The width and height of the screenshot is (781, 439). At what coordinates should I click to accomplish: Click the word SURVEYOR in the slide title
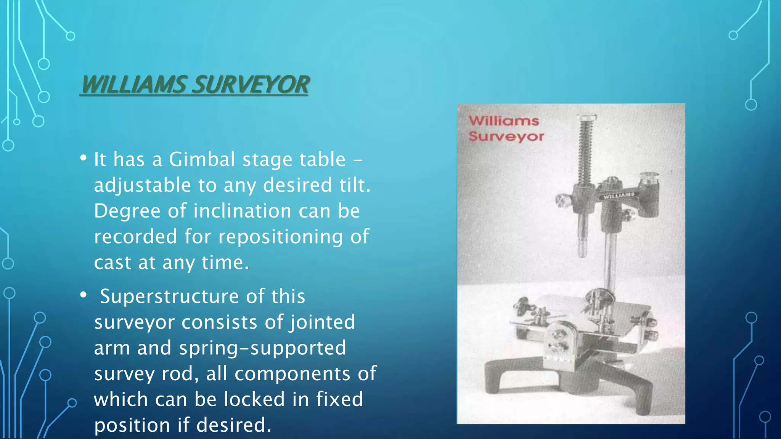coord(251,84)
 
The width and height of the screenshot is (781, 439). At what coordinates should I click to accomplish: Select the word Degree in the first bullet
coord(127,211)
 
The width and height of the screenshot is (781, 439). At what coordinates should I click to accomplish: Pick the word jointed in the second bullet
coord(323,322)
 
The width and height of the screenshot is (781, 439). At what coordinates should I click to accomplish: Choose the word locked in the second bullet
coord(254,399)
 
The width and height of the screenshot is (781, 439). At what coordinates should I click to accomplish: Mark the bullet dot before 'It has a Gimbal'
coord(84,158)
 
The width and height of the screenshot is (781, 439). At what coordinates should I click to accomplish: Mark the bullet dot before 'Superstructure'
coord(84,295)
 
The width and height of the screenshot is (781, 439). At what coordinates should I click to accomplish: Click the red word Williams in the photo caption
coord(504,121)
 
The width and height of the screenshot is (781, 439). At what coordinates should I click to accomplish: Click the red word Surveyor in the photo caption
coord(506,136)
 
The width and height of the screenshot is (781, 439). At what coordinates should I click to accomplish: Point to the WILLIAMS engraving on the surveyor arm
coord(619,195)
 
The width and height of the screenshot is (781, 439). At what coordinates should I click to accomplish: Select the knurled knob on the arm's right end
coord(649,178)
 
